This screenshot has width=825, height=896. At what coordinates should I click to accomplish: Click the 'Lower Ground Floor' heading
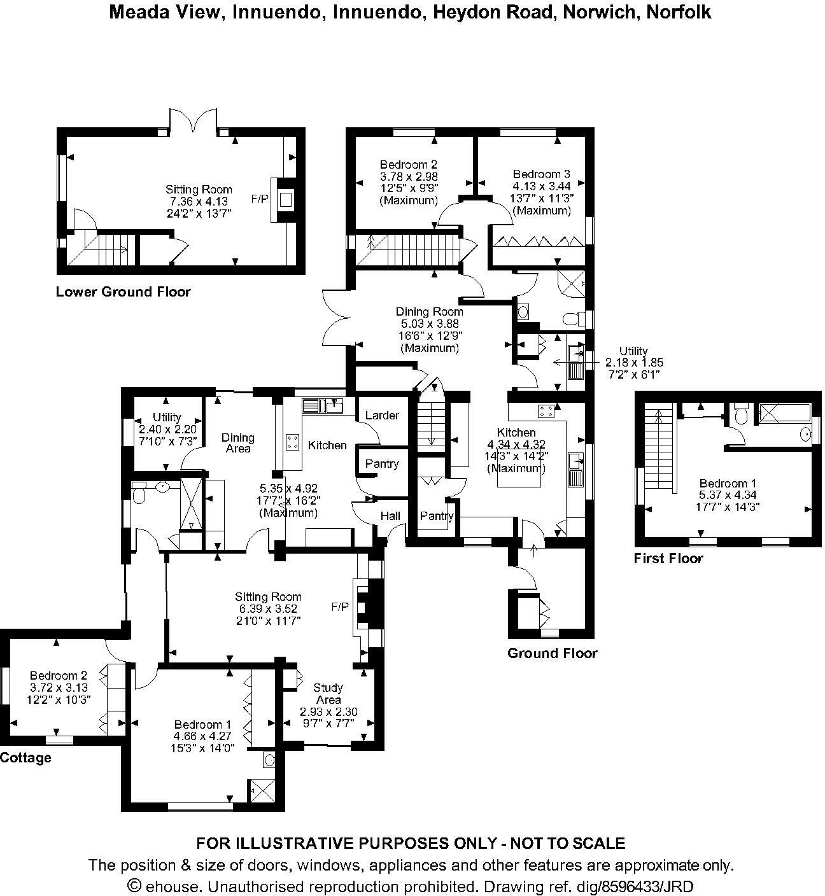pyautogui.click(x=123, y=292)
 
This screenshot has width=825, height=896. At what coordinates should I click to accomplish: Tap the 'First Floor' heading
pyautogui.click(x=668, y=559)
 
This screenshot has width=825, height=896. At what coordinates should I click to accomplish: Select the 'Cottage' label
pyautogui.click(x=25, y=758)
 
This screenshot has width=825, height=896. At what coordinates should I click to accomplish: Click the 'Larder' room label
pyautogui.click(x=382, y=416)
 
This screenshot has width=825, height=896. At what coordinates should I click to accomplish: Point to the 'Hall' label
pyautogui.click(x=390, y=515)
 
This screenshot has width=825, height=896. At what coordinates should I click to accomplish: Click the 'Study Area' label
pyautogui.click(x=328, y=694)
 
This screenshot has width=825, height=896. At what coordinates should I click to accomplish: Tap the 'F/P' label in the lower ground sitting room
pyautogui.click(x=259, y=199)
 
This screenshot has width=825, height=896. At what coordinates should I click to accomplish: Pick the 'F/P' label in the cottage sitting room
pyautogui.click(x=340, y=607)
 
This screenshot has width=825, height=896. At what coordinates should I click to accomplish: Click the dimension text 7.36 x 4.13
pyautogui.click(x=199, y=201)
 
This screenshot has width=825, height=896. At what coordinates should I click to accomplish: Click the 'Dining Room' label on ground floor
pyautogui.click(x=429, y=312)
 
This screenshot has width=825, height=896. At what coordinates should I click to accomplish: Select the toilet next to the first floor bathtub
pyautogui.click(x=740, y=414)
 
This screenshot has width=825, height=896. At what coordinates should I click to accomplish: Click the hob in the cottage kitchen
pyautogui.click(x=292, y=442)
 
